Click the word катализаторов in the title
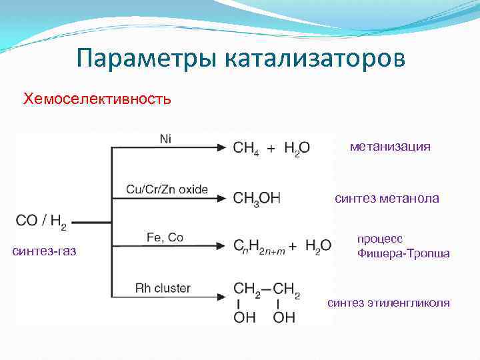pos(313,59)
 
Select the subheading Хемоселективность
pos(97,99)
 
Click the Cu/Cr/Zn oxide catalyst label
pos(167,189)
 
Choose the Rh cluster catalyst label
pos(163,288)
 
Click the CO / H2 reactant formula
pos(41,222)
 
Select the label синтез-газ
pos(44,251)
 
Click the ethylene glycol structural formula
pos(267,301)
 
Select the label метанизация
pos(390,147)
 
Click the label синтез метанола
pos(387,198)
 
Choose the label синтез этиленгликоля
pos(389,303)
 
